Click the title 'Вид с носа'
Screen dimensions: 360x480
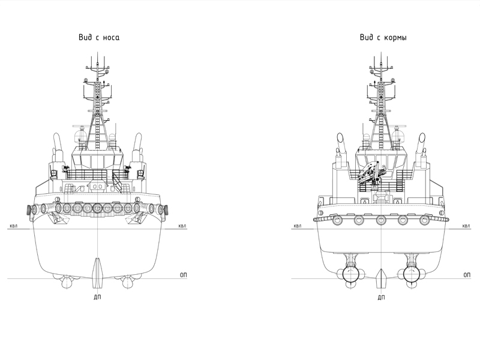pos(99,37)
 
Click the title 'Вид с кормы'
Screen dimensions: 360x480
pos(383,37)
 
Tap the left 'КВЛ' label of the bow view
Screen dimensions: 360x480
pos(14,227)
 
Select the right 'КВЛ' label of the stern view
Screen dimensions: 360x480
pos(466,227)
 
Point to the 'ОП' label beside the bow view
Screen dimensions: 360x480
pos(184,274)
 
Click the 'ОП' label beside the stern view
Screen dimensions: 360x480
pos(466,274)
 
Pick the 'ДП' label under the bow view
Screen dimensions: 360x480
pos(97,296)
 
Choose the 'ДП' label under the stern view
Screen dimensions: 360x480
pos(380,296)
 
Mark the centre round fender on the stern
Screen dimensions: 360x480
pos(380,219)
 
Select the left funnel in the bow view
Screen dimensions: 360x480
pos(58,147)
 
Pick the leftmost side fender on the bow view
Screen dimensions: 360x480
pos(29,210)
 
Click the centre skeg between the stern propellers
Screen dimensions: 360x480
pos(380,277)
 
